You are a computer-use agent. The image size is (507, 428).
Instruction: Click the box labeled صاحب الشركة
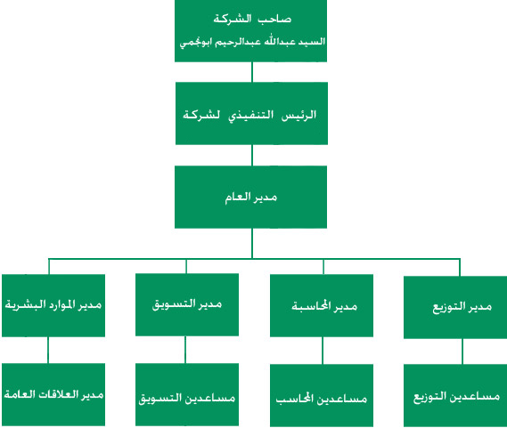[x=251, y=30]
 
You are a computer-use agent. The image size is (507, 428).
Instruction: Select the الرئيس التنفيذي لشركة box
[x=251, y=113]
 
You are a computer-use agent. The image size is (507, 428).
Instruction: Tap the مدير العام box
[x=251, y=197]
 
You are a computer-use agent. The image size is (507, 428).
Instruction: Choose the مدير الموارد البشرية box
[x=53, y=305]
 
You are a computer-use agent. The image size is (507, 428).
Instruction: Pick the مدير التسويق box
[x=187, y=304]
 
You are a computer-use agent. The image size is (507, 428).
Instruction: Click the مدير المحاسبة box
[x=322, y=305]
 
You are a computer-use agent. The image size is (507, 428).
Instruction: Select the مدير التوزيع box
[x=455, y=307]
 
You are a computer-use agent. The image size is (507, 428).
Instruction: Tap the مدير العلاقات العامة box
[x=53, y=394]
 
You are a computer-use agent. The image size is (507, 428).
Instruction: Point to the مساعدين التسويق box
[x=187, y=395]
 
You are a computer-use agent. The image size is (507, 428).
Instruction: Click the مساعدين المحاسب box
[x=322, y=395]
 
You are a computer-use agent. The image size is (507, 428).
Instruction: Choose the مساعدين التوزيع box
[x=455, y=395]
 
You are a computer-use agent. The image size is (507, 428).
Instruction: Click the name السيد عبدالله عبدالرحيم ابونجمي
[x=252, y=43]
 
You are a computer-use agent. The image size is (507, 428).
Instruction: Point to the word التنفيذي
[x=251, y=116]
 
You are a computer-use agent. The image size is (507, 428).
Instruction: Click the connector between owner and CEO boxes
[x=252, y=72]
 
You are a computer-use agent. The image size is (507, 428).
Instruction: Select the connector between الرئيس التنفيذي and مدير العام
[x=252, y=156]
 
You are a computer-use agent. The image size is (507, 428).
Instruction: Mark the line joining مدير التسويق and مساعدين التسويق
[x=185, y=350]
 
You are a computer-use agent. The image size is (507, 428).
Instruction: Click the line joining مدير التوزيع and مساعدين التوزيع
[x=462, y=351]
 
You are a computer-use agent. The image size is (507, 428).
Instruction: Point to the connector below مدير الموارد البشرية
[x=48, y=351]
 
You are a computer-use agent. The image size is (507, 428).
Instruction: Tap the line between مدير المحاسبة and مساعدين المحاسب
[x=323, y=351]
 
